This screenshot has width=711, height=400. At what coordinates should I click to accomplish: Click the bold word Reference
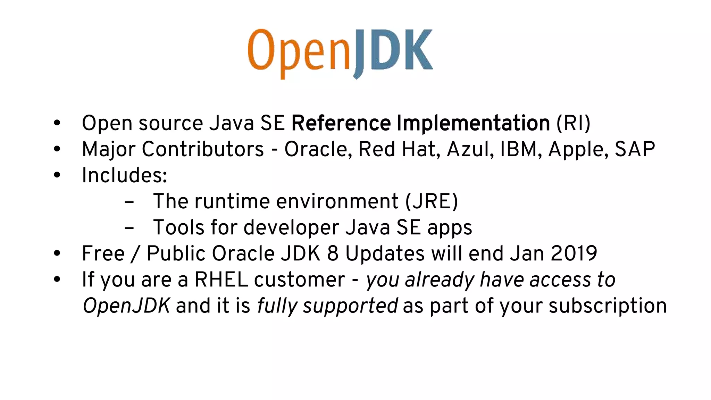tap(341, 123)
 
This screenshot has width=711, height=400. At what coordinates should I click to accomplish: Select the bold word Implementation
tap(473, 123)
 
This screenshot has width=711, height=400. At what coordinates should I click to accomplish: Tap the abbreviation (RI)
tap(573, 123)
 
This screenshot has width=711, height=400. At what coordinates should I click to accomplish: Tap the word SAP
tap(635, 149)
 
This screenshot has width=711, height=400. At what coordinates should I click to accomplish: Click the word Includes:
tap(124, 175)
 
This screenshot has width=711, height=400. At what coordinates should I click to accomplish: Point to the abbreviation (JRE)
tap(432, 201)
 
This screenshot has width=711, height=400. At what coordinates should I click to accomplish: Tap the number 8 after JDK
tap(333, 253)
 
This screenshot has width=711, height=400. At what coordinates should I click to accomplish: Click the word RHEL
tap(221, 280)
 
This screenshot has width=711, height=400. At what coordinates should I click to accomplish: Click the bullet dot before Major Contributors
tap(57, 149)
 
